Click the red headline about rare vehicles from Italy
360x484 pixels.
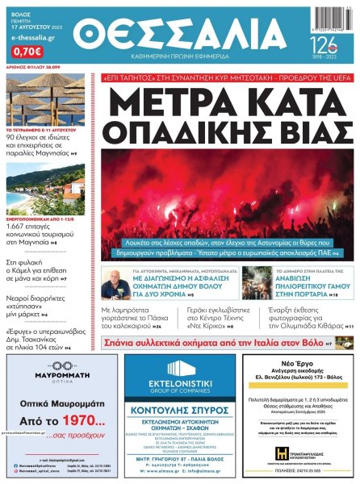[228, 342]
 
